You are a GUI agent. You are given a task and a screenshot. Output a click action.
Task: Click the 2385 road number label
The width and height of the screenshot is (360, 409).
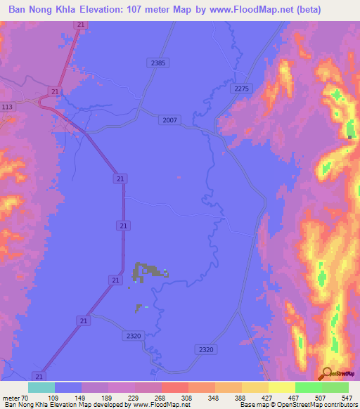click(158, 63)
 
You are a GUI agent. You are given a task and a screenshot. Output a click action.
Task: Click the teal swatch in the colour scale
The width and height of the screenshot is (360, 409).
click(41, 387)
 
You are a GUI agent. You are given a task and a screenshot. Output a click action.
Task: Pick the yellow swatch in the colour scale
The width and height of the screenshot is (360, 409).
click(282, 387)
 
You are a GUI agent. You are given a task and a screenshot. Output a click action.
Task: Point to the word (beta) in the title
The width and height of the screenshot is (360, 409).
click(338, 10)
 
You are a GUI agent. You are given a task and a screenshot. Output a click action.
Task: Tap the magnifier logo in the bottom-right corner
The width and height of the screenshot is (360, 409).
click(326, 373)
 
